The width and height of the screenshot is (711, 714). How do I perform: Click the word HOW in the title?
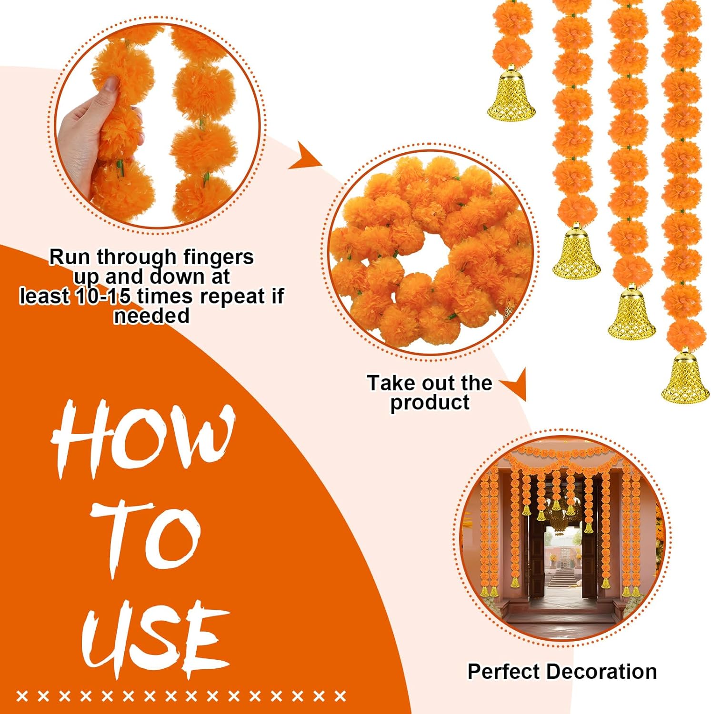143,438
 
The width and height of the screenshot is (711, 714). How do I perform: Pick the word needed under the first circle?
151,316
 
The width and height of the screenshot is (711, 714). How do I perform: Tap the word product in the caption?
430,403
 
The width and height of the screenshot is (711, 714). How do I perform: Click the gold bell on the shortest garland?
511,95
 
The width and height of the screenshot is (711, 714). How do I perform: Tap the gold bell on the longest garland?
685,376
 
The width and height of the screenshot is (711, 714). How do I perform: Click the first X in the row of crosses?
22,696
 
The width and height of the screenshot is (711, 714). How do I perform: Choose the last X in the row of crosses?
340,696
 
